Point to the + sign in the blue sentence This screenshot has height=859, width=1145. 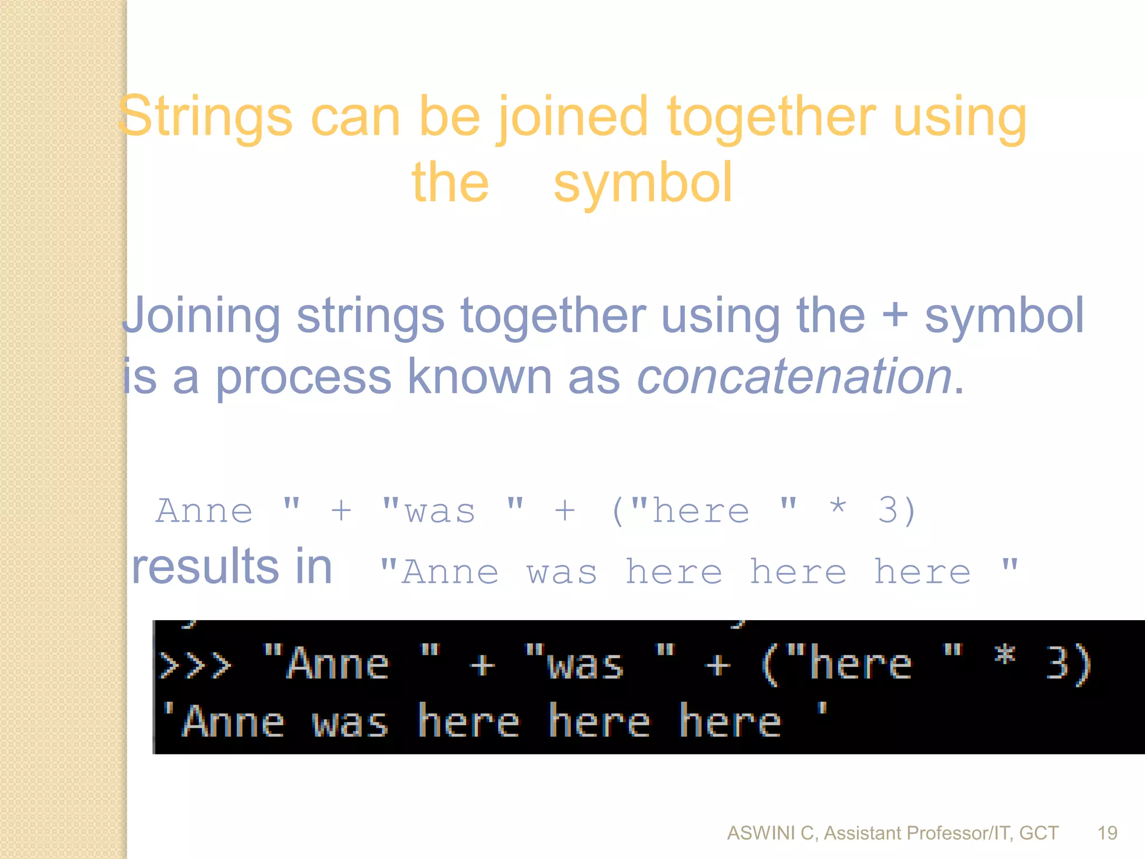coord(895,315)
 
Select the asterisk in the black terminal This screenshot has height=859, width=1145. coord(1005,654)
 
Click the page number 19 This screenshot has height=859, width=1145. coord(1107,833)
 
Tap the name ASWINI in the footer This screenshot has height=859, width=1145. coord(761,833)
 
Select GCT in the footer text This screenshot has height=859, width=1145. coord(1039,833)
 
